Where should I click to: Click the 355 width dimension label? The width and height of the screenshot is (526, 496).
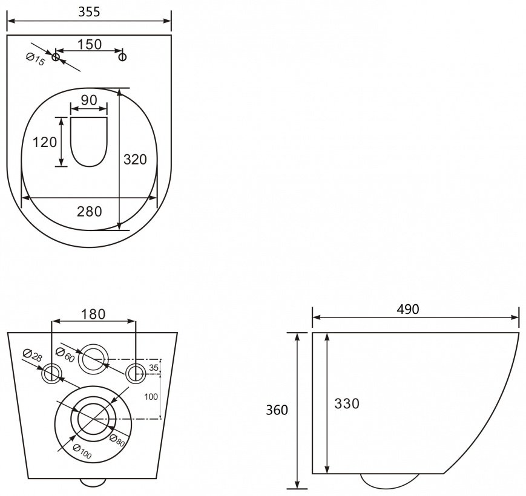click(89, 11)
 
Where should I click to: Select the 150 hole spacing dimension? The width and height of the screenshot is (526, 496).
click(90, 44)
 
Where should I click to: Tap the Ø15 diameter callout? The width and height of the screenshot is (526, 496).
click(35, 59)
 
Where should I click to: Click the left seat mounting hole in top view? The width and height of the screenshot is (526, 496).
click(56, 57)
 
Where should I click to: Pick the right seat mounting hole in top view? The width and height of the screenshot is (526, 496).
click(123, 57)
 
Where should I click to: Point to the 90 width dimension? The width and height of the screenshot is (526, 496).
click(89, 100)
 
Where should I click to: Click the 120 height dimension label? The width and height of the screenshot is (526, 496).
click(45, 142)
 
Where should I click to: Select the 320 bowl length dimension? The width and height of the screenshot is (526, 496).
click(135, 159)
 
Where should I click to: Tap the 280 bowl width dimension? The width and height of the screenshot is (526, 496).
click(90, 212)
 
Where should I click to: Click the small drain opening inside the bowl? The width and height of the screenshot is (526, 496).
click(89, 142)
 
